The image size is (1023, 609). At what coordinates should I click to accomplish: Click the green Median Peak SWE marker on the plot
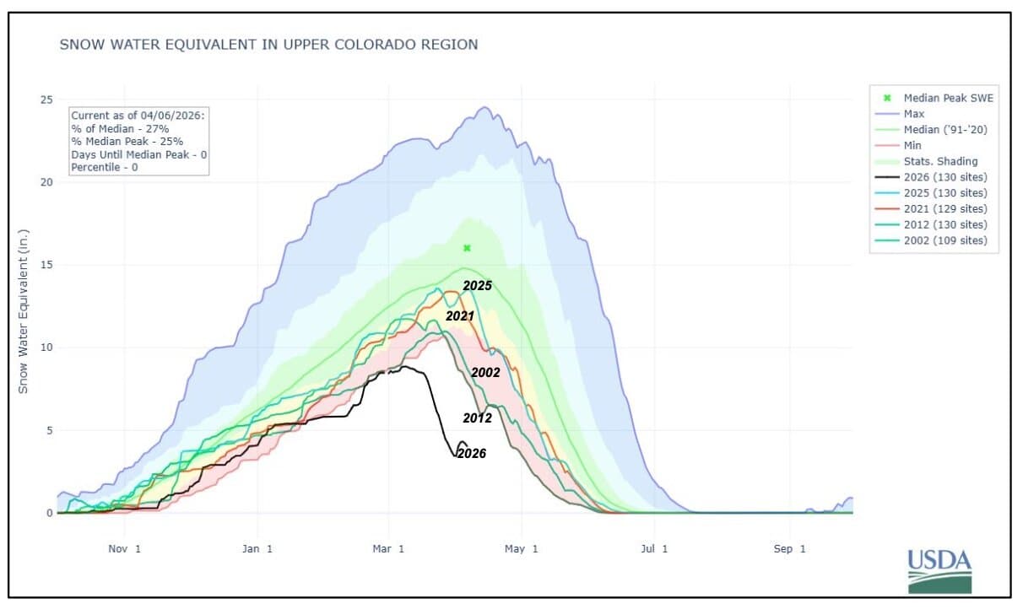pos(467,248)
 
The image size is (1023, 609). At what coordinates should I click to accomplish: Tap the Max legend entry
pos(914,113)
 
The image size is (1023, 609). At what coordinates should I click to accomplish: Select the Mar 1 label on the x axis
pos(389,549)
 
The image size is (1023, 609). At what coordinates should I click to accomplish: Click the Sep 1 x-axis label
pos(790,549)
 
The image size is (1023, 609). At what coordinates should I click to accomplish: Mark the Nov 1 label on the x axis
pos(124,549)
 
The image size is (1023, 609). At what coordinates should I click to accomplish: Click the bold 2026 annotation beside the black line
pos(471,453)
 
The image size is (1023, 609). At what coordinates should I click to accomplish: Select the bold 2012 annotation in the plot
pos(477,418)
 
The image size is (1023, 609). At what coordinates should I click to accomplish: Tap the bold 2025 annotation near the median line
pos(477,286)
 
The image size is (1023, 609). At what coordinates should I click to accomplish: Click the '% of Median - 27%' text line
pos(120,128)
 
